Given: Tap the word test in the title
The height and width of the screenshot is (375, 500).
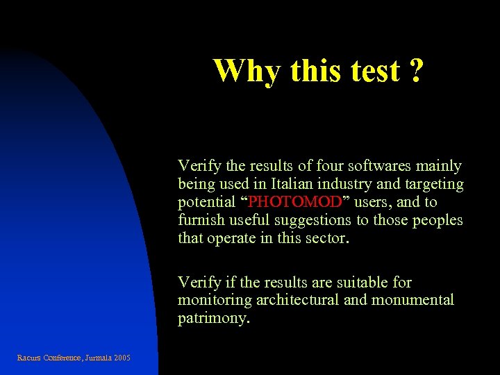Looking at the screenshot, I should point(374,70).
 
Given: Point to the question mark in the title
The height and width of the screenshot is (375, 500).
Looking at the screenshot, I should point(415,70).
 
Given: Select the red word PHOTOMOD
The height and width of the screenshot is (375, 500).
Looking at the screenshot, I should point(295,202).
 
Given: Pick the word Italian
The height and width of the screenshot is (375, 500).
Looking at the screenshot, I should point(295,184).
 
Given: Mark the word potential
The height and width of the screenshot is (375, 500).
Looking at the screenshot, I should point(206,202).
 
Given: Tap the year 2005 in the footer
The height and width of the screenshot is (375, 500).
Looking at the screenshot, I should point(119,358).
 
